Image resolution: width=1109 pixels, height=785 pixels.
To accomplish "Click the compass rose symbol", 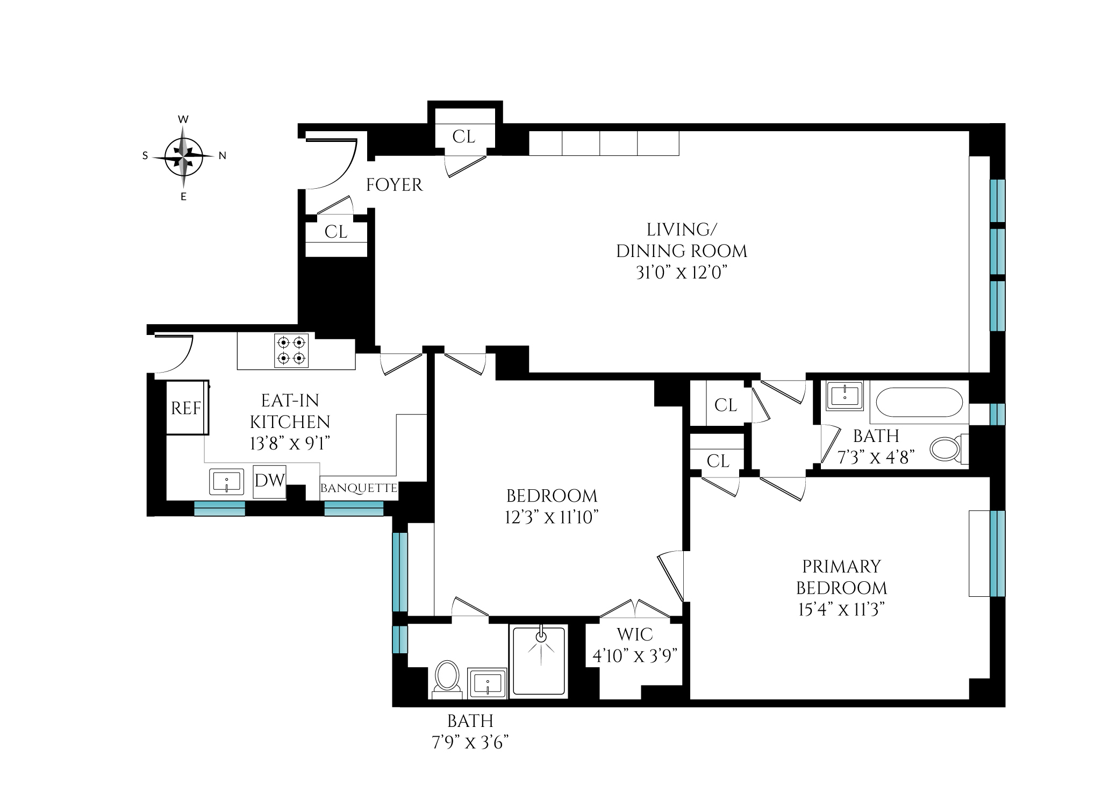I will pos(183,157).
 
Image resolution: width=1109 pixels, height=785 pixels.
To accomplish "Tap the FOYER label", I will pos(394,185).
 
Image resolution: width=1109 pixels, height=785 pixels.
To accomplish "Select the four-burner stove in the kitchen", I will pos(292,351).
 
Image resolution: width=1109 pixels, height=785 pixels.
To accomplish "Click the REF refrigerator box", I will pos(186,408).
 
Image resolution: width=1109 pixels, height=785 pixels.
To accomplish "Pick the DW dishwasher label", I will pos(269,481).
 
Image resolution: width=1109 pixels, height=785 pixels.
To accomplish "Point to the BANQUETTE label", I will pos(359,489).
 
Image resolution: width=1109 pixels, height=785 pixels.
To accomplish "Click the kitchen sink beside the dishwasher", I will pos(226,481).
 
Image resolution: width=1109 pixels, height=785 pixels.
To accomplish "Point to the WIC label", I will pos(634,634).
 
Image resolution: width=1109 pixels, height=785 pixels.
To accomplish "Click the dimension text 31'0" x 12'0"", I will pos(681,273).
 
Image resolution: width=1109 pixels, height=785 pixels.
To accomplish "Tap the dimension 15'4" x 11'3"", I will pos(841,610).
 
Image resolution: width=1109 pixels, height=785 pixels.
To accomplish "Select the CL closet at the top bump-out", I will pos(464,137).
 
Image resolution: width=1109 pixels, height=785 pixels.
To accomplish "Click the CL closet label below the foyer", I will pos(336,232).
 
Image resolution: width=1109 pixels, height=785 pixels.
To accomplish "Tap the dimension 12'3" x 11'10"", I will pos(552,517).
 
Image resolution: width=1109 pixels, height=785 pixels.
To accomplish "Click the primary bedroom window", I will pos(997,554).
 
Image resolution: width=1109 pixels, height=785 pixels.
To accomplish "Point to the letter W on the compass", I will pos(183,119).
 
